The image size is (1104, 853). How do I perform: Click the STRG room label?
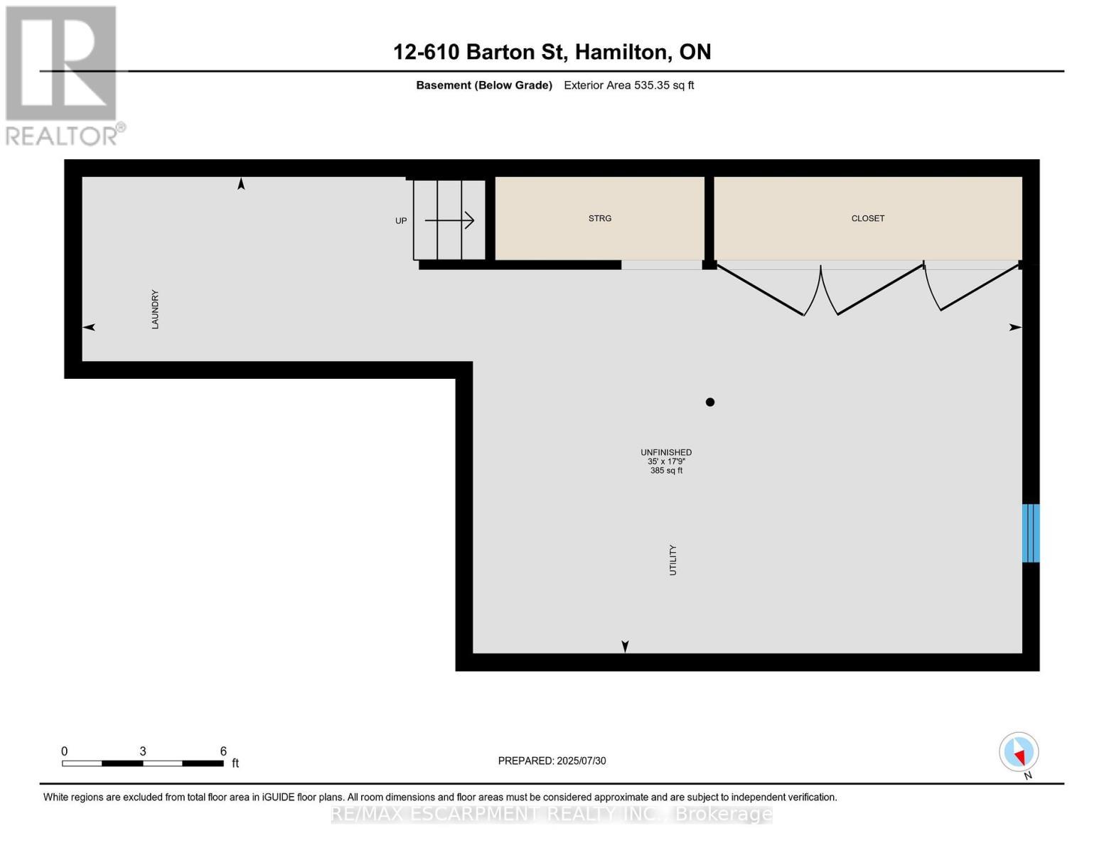point(599,218)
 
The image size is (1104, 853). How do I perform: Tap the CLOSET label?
point(868,218)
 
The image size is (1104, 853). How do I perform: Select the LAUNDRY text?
point(155,309)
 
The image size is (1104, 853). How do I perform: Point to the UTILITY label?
point(672,560)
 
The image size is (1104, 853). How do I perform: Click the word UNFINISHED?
point(666,452)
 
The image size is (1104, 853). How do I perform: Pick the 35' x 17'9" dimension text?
point(666,461)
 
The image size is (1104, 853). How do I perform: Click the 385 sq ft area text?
point(666,471)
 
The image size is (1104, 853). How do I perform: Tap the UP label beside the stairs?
point(401,221)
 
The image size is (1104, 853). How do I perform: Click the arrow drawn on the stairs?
point(449,220)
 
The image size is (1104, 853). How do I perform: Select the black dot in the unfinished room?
point(709,402)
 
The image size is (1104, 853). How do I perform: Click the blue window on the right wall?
point(1030,533)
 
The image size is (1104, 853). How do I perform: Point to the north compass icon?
point(1019,752)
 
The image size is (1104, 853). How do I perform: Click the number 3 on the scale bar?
point(143,751)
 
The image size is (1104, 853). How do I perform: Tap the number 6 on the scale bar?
point(223,751)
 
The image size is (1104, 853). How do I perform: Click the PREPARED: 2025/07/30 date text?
point(552,761)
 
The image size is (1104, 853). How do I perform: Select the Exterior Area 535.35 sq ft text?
point(628,85)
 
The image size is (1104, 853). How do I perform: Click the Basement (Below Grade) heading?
point(483,85)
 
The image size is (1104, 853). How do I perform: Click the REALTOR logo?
point(63,76)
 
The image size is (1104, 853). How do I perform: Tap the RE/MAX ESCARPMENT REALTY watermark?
point(552,814)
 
